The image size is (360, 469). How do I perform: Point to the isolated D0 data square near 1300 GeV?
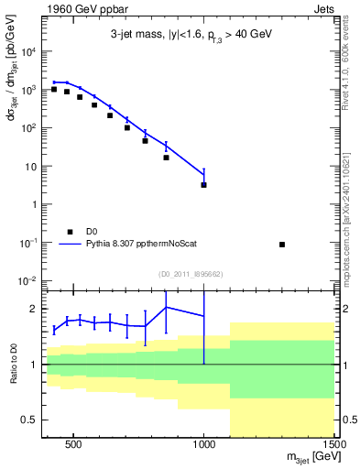coord(282,245)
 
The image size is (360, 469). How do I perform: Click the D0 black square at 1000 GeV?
coord(203,185)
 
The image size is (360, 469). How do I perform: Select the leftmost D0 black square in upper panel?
coord(54,89)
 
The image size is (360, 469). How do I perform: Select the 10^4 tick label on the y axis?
coord(29,52)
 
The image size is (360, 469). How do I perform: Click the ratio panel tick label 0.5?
coord(30,420)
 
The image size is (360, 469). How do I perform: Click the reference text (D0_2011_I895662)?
coord(191,274)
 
